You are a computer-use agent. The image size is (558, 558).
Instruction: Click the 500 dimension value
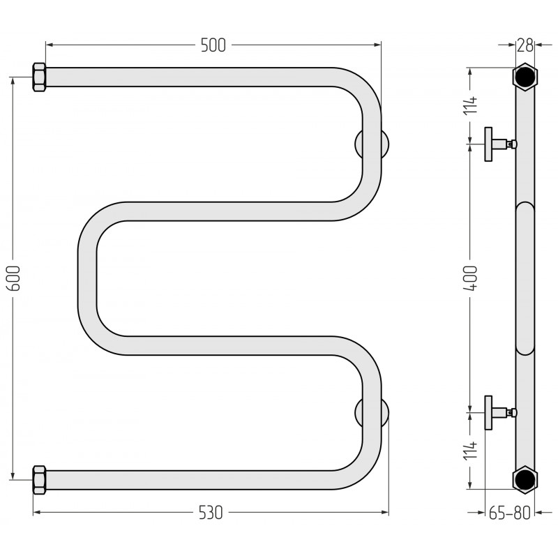click(x=213, y=45)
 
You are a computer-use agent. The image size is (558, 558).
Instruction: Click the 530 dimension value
click(x=211, y=513)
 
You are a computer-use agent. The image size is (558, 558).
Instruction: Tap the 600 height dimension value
click(x=14, y=278)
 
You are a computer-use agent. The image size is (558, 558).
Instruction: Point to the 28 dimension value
click(x=525, y=45)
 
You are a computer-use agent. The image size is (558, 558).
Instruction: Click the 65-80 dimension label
click(x=510, y=513)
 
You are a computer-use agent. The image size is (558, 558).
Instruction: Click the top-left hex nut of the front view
click(x=39, y=77)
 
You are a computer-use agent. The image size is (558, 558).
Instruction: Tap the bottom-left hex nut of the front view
click(x=39, y=480)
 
